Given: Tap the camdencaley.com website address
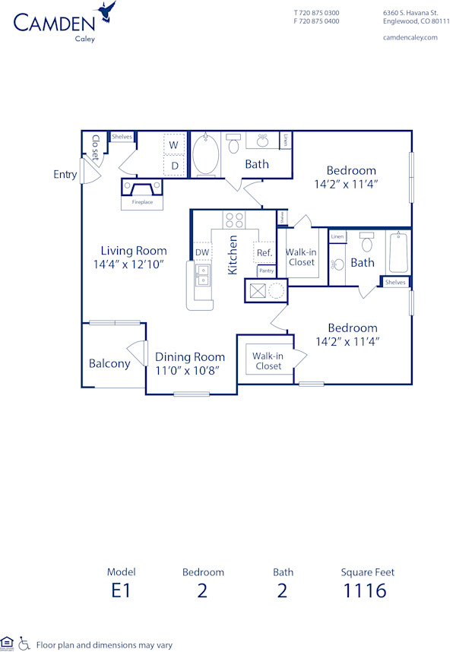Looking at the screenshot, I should [410, 37].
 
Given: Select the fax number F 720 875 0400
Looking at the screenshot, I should [316, 21].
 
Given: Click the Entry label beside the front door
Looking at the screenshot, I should [65, 175].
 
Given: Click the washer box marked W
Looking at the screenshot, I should [173, 144].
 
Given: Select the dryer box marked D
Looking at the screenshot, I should [173, 165].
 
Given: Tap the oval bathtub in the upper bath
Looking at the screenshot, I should [205, 155].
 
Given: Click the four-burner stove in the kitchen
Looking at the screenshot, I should [233, 220].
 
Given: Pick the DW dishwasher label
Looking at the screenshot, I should [201, 252].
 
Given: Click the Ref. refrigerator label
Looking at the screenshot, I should [264, 252].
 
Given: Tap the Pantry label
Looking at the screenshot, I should [266, 271].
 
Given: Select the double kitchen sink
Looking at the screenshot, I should [202, 275].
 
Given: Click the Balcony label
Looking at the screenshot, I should [109, 363].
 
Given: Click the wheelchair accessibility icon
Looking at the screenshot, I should [24, 644].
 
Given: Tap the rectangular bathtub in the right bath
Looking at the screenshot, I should [398, 252].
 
